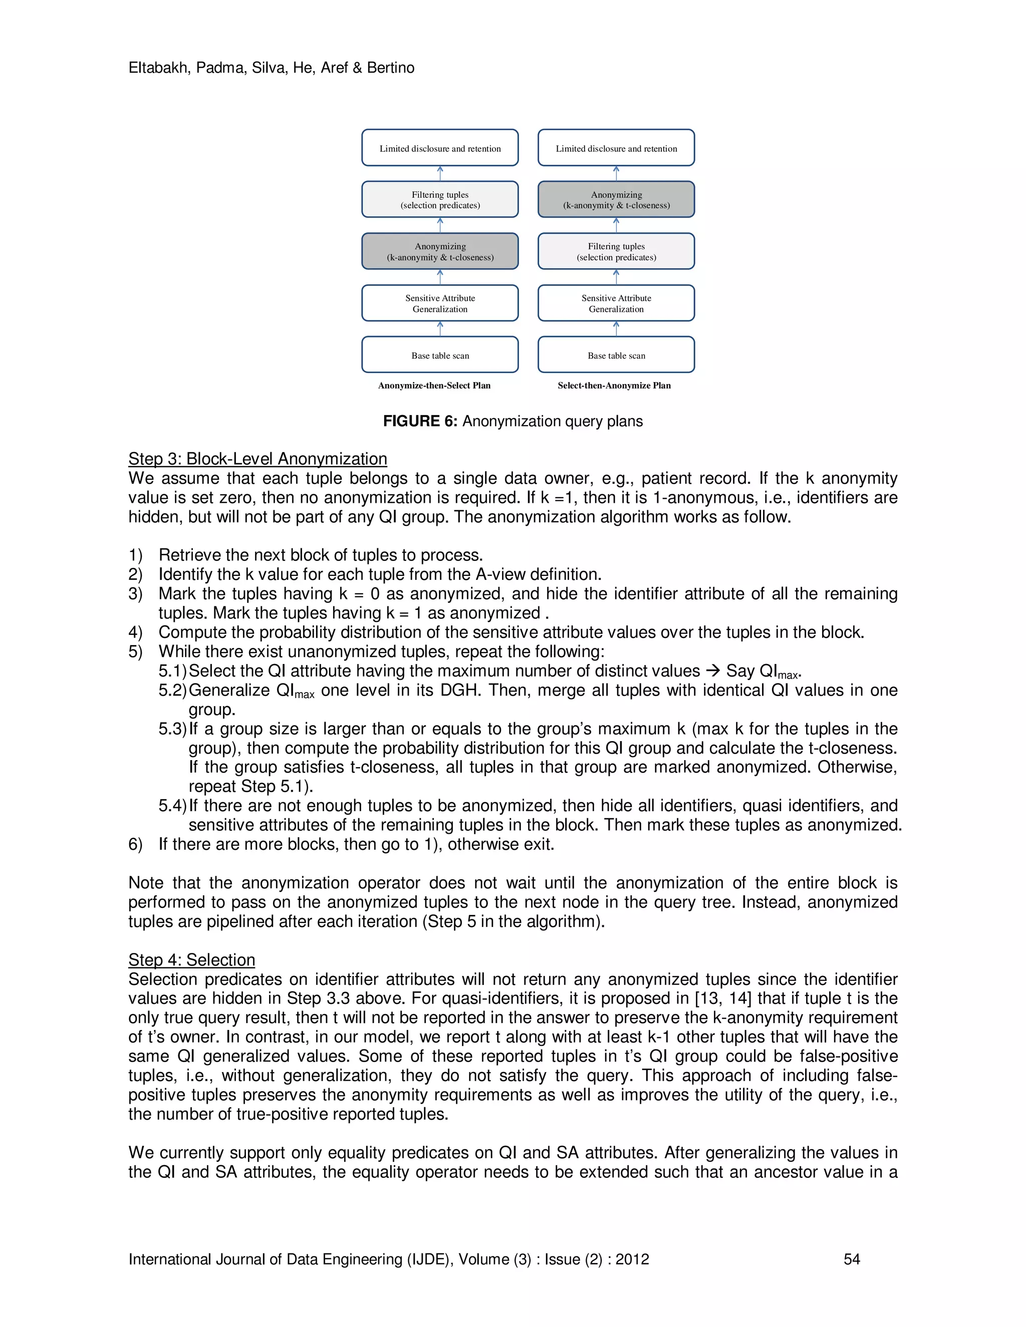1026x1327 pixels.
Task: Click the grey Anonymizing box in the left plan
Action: click(440, 251)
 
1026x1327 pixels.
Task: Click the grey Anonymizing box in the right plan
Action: click(616, 199)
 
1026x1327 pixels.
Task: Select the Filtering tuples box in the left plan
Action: click(440, 199)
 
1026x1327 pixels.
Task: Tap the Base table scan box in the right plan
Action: click(616, 355)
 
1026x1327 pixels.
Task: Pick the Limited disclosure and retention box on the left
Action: click(440, 148)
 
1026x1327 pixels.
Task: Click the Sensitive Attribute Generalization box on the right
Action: click(616, 303)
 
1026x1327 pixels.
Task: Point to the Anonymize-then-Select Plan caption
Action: click(434, 385)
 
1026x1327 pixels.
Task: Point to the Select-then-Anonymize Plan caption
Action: click(614, 385)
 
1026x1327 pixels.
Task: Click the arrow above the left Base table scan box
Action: click(440, 328)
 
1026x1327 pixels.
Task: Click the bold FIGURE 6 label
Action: click(419, 421)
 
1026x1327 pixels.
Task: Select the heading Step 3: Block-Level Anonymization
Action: click(257, 459)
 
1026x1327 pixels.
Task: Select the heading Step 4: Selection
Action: click(191, 959)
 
